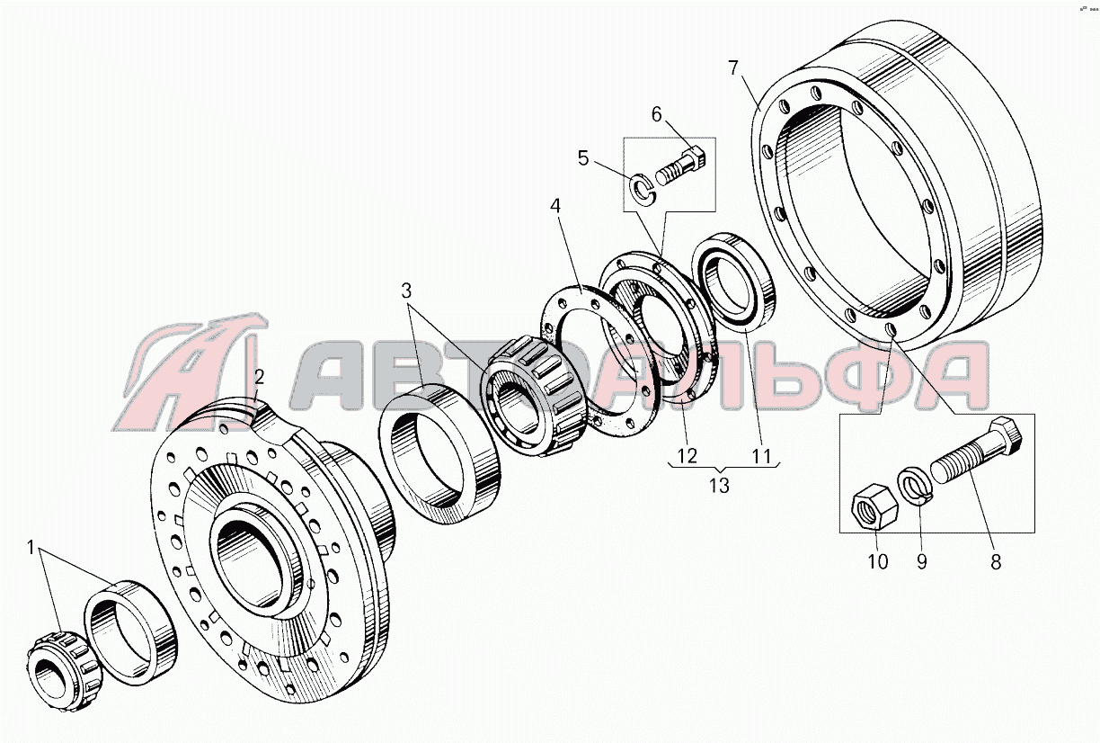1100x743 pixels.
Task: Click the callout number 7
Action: pos(733,68)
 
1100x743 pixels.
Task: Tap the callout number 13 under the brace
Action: pos(719,486)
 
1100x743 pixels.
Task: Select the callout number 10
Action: pos(877,561)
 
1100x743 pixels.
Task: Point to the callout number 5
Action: pos(583,158)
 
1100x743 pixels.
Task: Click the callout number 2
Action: pos(260,377)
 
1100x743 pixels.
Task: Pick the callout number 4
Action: pos(554,206)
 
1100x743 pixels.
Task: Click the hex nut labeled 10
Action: pos(874,506)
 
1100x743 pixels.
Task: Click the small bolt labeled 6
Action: pos(680,166)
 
